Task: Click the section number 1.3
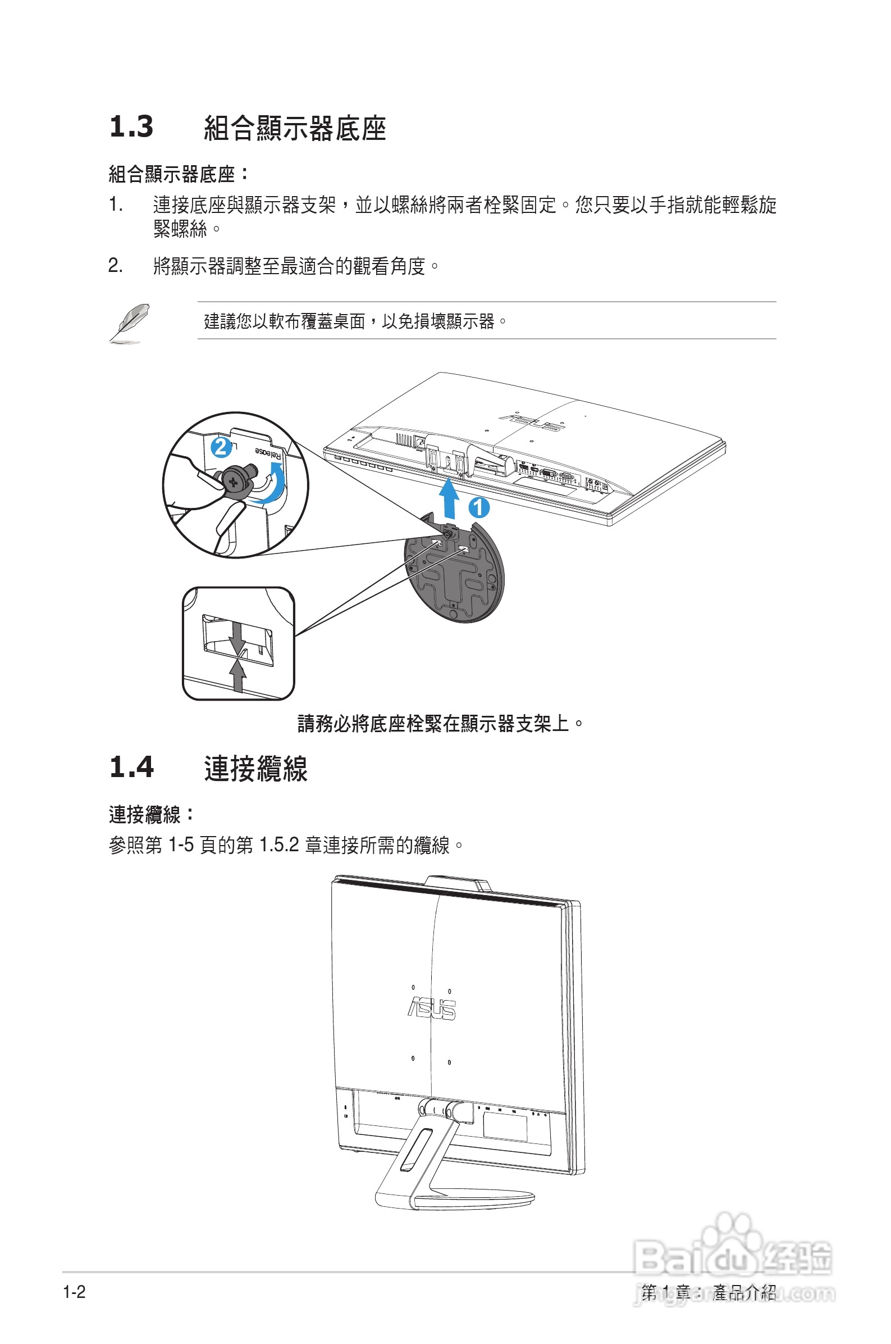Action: (131, 126)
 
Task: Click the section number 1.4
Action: (131, 767)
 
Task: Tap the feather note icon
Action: (130, 324)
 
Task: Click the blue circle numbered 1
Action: (479, 507)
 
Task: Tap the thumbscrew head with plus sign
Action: (234, 482)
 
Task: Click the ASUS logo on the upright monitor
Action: (432, 1009)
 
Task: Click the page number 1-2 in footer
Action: (74, 1292)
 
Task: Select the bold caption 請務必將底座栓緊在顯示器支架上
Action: (440, 724)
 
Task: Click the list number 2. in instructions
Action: (115, 266)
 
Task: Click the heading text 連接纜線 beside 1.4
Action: (255, 769)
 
